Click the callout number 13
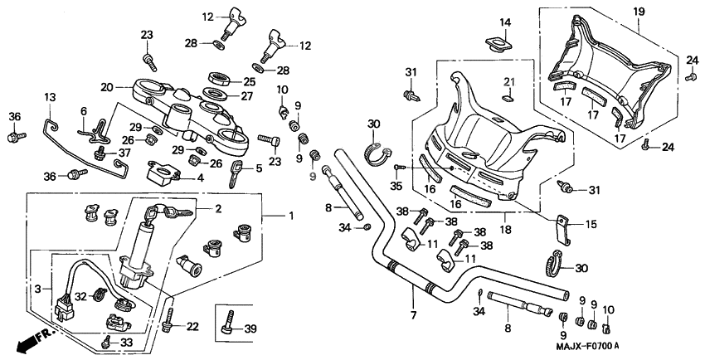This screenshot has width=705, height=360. pos(50,98)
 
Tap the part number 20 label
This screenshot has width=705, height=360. pos(106,87)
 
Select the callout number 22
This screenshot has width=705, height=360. pos(192,326)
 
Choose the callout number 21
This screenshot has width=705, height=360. pos(510,81)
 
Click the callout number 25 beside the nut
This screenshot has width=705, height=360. pos(249,80)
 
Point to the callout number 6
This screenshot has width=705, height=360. pos(83,111)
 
